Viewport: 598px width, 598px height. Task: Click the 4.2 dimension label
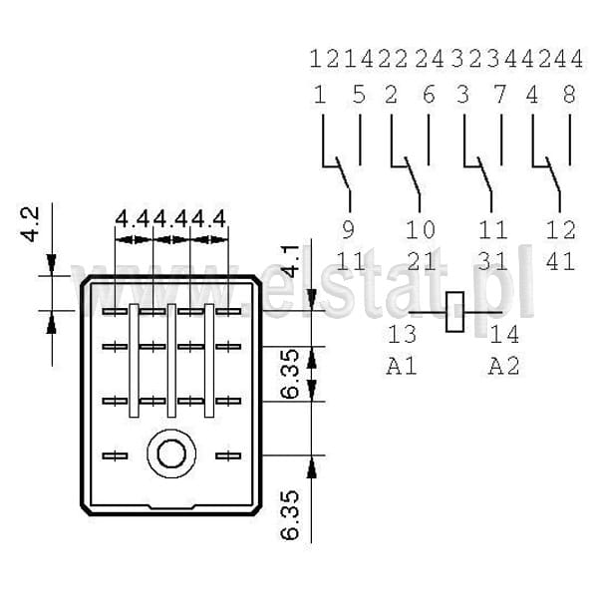click(31, 224)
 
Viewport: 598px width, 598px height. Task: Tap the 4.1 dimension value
click(291, 261)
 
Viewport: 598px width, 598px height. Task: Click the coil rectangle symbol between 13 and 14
click(455, 312)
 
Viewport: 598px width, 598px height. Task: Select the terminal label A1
click(402, 367)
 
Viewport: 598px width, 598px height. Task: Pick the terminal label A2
click(504, 367)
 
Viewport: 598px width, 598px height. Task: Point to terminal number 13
click(403, 334)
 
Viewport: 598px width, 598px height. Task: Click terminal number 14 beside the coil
click(504, 334)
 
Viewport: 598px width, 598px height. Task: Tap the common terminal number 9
click(348, 229)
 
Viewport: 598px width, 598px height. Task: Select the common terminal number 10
click(420, 229)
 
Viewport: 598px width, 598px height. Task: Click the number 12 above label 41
click(560, 229)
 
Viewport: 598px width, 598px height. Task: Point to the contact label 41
click(560, 261)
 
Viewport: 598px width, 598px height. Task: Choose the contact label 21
click(421, 261)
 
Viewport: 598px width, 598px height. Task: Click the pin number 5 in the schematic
click(359, 95)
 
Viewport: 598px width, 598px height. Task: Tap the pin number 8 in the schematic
click(569, 95)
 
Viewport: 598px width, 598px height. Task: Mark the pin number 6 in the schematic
click(429, 95)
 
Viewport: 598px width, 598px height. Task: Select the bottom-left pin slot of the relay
click(115, 455)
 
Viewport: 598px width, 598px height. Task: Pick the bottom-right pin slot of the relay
click(228, 455)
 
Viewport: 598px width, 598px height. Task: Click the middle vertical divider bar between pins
click(171, 361)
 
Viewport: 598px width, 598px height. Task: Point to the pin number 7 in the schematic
click(500, 95)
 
